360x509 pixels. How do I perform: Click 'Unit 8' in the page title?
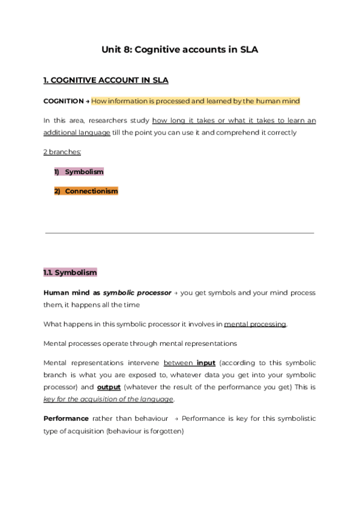point(117,50)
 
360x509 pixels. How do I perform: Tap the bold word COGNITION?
point(63,101)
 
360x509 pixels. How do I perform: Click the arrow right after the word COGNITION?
point(88,101)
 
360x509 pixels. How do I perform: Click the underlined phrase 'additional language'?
point(77,132)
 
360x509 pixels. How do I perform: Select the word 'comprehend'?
point(239,132)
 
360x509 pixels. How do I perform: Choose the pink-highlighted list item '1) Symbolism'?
point(79,172)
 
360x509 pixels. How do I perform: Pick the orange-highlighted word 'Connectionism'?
point(91,191)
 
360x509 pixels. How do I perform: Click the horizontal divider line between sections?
point(179,233)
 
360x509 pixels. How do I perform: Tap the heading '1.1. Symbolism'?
point(70,273)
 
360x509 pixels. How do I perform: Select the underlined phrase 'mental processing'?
point(255,324)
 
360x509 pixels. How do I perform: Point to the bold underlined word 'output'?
point(109,387)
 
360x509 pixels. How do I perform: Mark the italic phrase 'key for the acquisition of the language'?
point(109,399)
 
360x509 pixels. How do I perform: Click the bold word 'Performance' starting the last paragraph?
point(66,418)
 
